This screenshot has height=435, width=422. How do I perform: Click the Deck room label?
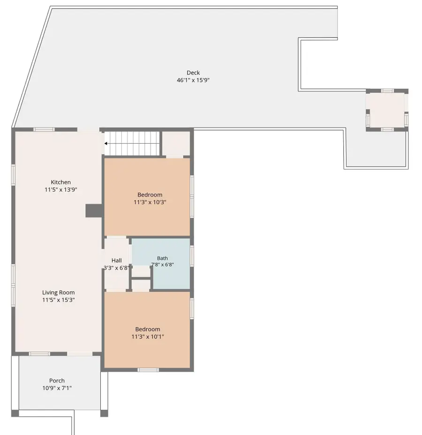[x=193, y=73]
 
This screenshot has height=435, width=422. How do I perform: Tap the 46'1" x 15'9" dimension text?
[x=193, y=80]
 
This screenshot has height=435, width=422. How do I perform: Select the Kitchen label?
[x=60, y=182]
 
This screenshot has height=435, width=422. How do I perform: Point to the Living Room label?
[x=58, y=292]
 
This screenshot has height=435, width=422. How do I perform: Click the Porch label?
[x=57, y=381]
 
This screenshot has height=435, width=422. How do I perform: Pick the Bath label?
[x=162, y=258]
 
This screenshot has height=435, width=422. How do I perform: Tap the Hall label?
[x=117, y=260]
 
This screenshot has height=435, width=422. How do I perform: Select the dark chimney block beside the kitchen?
[x=94, y=211]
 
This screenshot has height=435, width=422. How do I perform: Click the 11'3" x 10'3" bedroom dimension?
[x=150, y=202]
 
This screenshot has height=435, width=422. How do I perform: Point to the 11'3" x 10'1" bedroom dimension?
[x=148, y=337]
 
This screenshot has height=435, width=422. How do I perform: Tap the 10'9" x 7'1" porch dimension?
[x=57, y=388]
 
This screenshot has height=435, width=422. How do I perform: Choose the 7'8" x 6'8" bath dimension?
[x=162, y=265]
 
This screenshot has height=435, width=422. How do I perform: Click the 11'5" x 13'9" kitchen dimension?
[x=60, y=190]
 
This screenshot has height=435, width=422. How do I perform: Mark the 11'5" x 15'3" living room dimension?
[x=58, y=300]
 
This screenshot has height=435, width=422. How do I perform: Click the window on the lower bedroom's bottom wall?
[x=148, y=370]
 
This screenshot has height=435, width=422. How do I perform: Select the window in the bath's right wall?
[x=192, y=256]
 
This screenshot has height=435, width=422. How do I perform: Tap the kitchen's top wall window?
[x=44, y=129]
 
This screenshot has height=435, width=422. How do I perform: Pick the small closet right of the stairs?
[x=176, y=144]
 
